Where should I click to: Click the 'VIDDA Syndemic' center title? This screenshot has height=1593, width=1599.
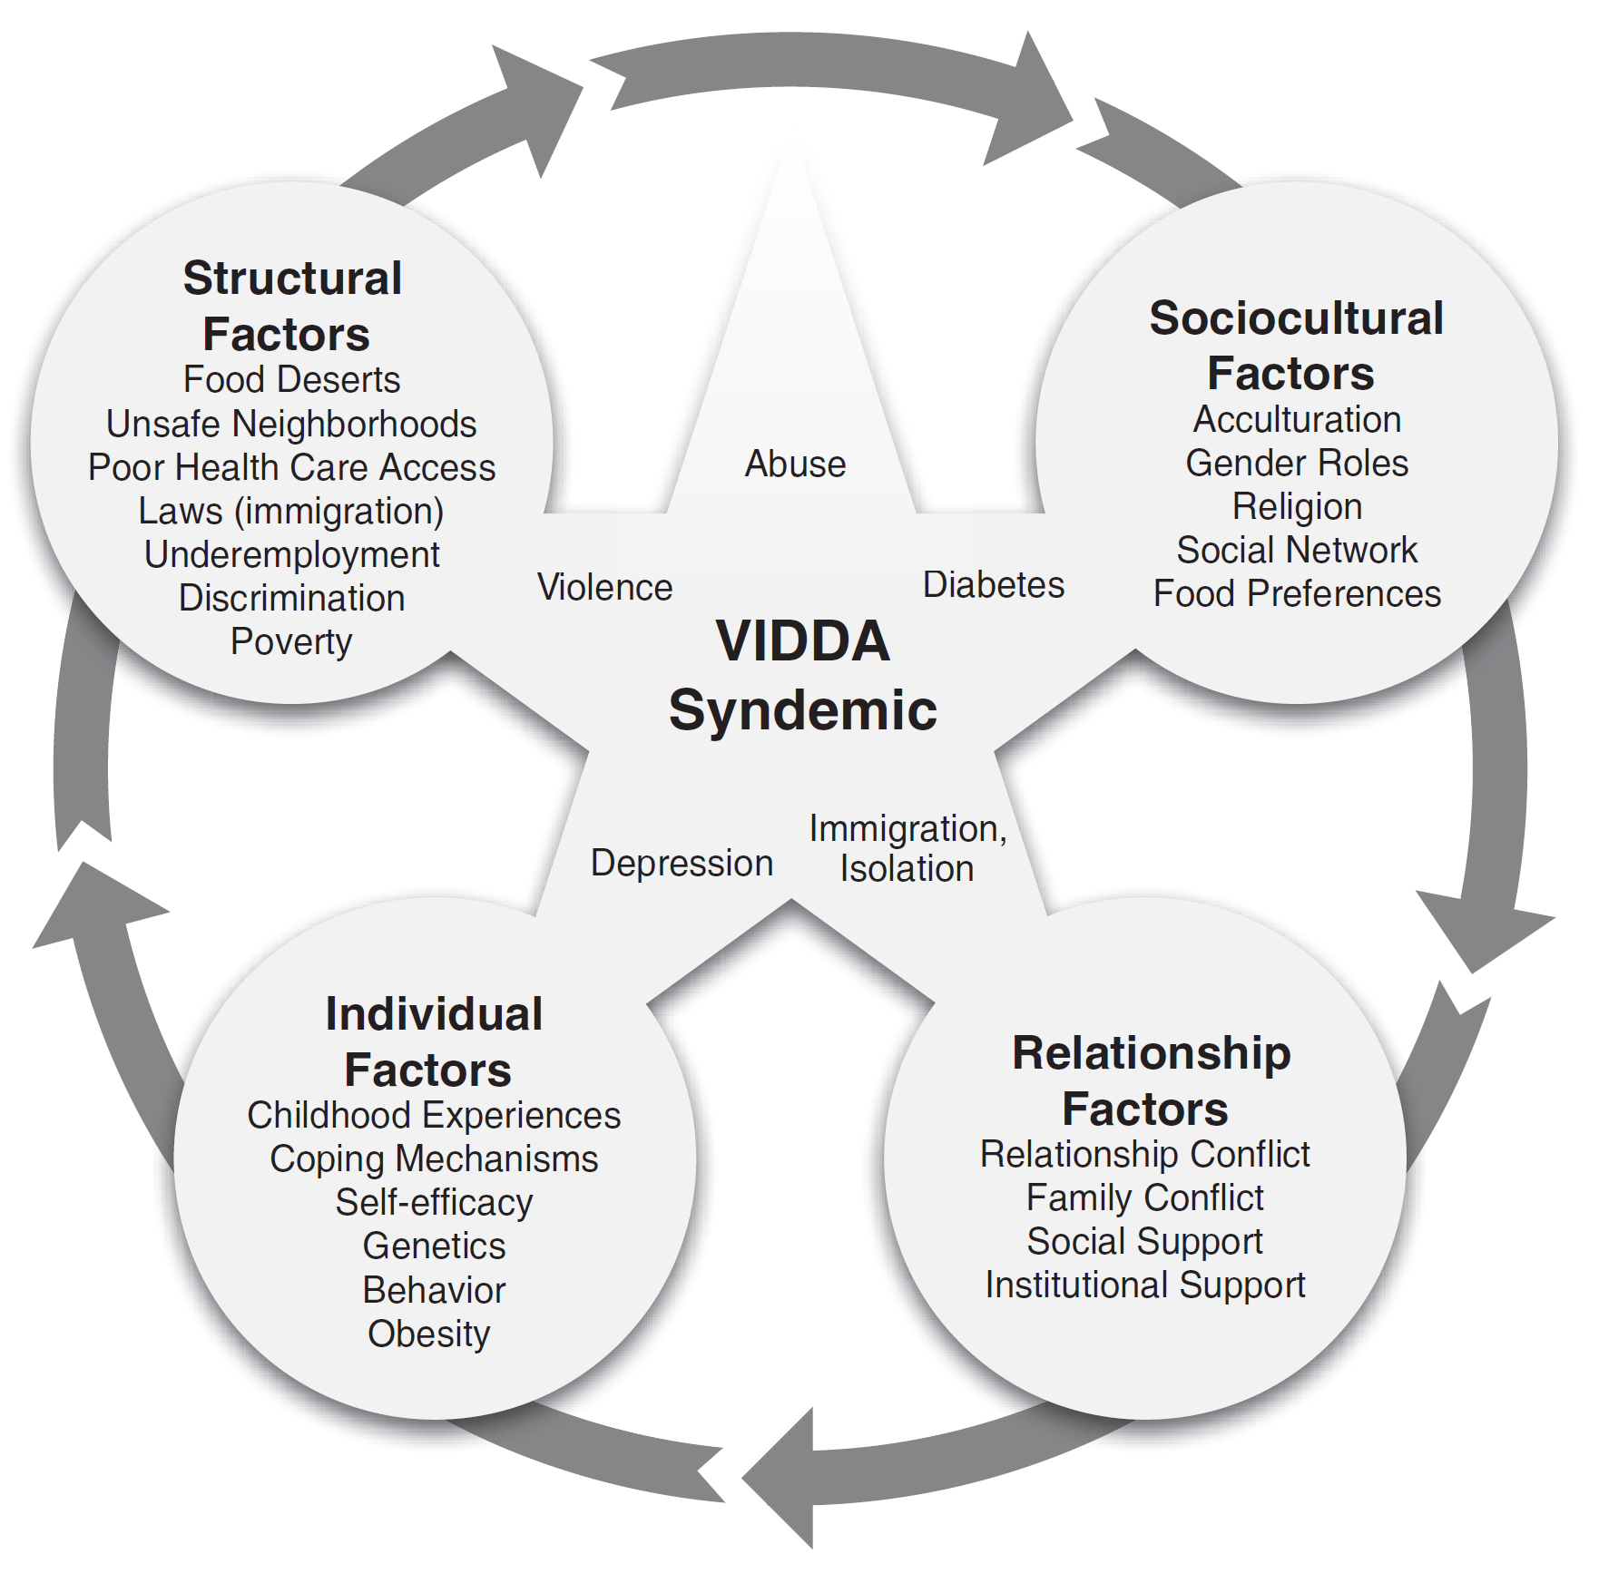coord(802,675)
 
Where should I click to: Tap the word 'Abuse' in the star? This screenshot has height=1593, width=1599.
coord(795,464)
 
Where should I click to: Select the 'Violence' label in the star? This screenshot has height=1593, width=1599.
coord(604,587)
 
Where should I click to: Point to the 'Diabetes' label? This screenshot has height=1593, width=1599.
coord(993,585)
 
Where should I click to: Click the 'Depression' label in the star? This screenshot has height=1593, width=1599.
coord(682,863)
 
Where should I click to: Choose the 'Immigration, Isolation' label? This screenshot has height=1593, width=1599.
coord(907,848)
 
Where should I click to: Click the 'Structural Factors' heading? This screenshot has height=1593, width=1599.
coord(291,306)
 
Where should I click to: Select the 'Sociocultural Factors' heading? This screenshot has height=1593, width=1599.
coord(1296,346)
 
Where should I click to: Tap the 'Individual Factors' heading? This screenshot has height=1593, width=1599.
coord(433,1041)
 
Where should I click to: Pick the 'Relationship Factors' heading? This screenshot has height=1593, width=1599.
coord(1150,1080)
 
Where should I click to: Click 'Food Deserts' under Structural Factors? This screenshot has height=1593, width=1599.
coord(291,379)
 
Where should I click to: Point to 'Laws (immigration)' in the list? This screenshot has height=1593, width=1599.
coord(290,511)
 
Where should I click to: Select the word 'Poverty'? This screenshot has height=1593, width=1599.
coord(291,641)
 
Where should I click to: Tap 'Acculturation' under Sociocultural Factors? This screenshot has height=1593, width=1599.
coord(1297,419)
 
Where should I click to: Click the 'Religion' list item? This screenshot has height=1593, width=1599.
coord(1297,506)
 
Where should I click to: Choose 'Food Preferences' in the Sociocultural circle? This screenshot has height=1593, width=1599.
coord(1297,593)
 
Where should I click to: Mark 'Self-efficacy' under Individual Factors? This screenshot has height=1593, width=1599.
coord(434,1202)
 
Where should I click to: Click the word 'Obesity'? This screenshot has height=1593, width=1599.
coord(429,1334)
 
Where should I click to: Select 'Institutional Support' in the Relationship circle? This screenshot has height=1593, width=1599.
coord(1145,1285)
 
